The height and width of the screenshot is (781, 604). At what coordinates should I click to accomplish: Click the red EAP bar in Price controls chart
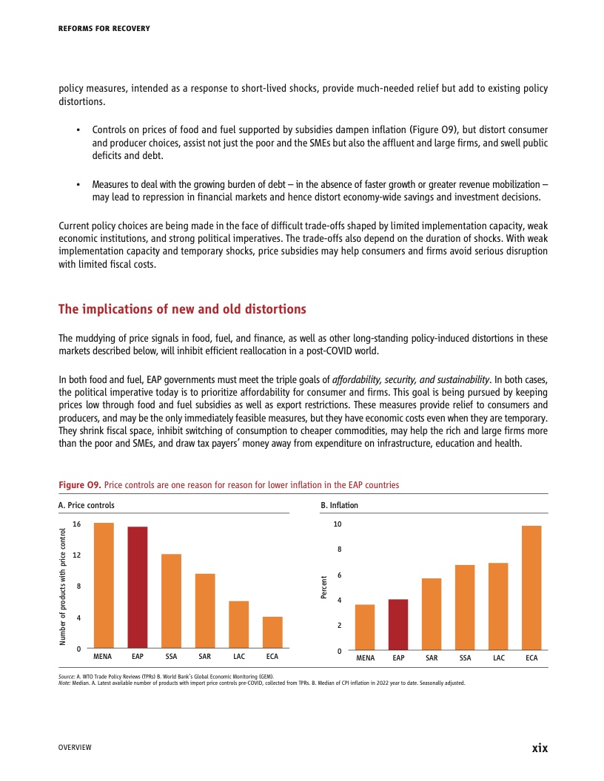(138, 587)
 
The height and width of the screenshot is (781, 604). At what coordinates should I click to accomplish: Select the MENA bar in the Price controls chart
(104, 585)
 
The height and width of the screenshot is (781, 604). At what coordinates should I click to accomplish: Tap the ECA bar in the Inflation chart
(531, 588)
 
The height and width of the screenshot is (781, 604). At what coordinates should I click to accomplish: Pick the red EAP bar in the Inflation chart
(398, 625)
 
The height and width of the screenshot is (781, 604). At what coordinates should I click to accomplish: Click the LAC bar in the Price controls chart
(238, 625)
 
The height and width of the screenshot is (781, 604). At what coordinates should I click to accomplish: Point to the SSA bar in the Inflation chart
(465, 608)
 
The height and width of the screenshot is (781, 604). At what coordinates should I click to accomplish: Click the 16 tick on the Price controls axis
(76, 524)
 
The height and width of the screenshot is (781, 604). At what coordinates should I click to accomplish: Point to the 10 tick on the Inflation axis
(338, 524)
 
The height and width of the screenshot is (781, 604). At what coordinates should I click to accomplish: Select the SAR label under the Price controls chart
(205, 657)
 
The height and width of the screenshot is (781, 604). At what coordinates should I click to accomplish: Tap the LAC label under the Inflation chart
(498, 657)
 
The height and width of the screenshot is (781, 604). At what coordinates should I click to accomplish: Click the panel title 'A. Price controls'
(86, 505)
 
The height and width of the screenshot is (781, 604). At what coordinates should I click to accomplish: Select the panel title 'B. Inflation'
(339, 505)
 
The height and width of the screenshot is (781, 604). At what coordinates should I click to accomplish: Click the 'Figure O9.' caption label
(79, 485)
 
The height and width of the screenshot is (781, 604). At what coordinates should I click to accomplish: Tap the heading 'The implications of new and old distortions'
(182, 308)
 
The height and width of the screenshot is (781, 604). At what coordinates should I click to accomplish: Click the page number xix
(540, 748)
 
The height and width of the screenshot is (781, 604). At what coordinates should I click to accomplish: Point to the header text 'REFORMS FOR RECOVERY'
(104, 29)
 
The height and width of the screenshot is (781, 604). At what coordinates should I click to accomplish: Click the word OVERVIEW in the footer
(75, 748)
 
